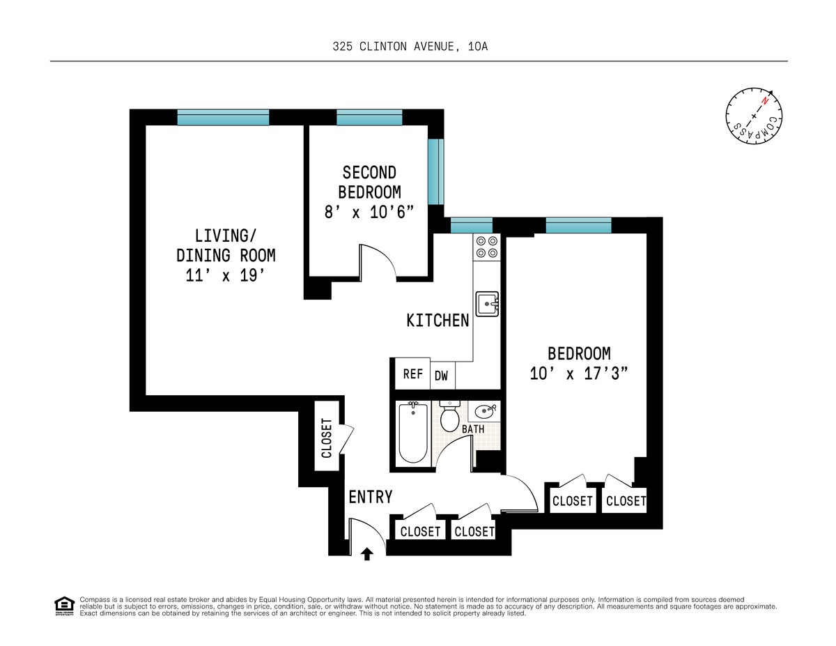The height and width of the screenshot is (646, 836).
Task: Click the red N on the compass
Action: point(764,101)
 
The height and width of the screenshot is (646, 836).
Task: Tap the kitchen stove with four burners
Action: point(487,247)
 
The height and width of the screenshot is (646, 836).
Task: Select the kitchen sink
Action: point(487,304)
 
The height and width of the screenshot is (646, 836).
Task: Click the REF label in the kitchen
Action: point(413,374)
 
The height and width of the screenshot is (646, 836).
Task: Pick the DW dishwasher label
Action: point(441,376)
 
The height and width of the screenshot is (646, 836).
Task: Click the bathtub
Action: point(413,433)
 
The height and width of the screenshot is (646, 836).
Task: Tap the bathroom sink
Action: point(484,411)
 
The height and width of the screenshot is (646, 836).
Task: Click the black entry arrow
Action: point(367,554)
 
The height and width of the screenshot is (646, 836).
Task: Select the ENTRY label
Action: point(371,497)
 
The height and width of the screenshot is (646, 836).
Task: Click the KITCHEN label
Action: point(438,321)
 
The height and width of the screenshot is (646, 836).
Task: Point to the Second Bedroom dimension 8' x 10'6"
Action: point(369,212)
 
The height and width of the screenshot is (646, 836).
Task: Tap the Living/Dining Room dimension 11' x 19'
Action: point(226,275)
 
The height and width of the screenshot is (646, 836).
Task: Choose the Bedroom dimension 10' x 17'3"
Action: point(579,374)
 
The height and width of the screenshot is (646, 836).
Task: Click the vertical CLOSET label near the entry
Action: point(327,438)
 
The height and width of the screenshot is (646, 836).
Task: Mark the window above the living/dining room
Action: point(223,117)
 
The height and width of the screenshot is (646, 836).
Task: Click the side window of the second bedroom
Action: point(436,171)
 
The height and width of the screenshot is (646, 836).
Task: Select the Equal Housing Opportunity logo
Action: point(64,606)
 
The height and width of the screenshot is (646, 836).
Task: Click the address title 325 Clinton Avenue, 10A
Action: point(410,47)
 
